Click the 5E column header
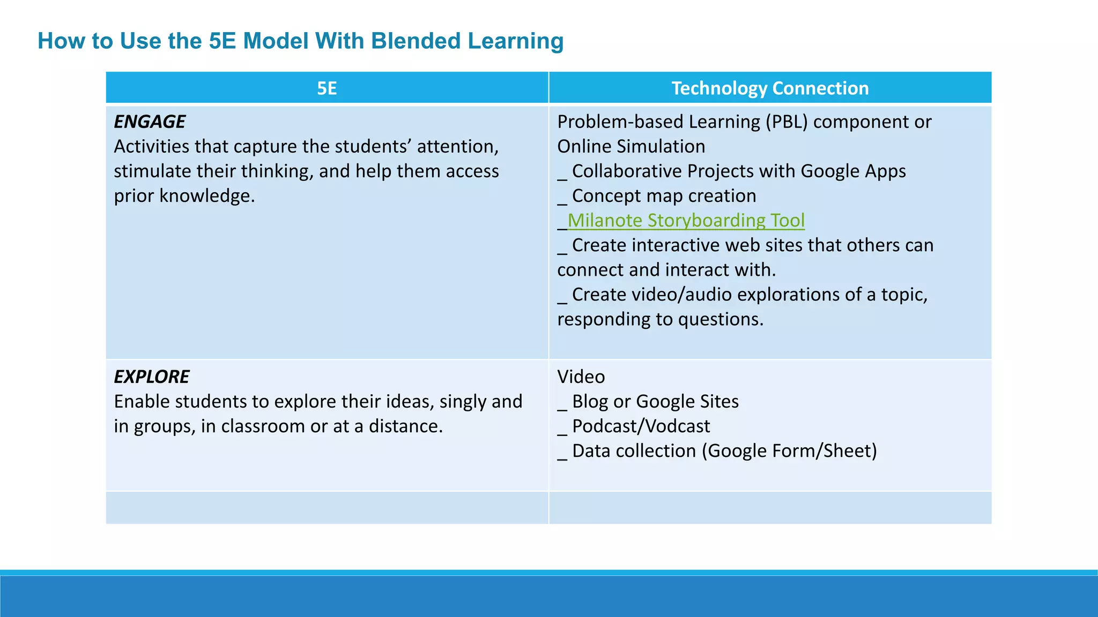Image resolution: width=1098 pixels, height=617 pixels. pos(327,88)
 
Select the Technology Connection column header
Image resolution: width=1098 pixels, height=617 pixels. pos(770,88)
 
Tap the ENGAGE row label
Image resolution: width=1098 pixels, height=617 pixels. pos(150,122)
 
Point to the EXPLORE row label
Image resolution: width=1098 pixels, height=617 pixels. pos(152,377)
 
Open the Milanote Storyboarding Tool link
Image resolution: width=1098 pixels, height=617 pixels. pos(686,221)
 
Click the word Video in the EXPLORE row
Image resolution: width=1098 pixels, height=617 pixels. pos(581,377)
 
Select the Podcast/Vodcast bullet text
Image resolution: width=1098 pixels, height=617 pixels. pos(641,426)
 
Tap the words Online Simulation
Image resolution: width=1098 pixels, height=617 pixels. pos(631,147)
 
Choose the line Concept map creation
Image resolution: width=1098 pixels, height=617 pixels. pos(664,196)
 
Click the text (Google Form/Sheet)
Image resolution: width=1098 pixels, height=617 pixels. pos(789,451)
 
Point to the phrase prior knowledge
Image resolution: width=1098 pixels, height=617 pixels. pos(184,196)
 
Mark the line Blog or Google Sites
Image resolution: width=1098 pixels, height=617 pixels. pos(655,402)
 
